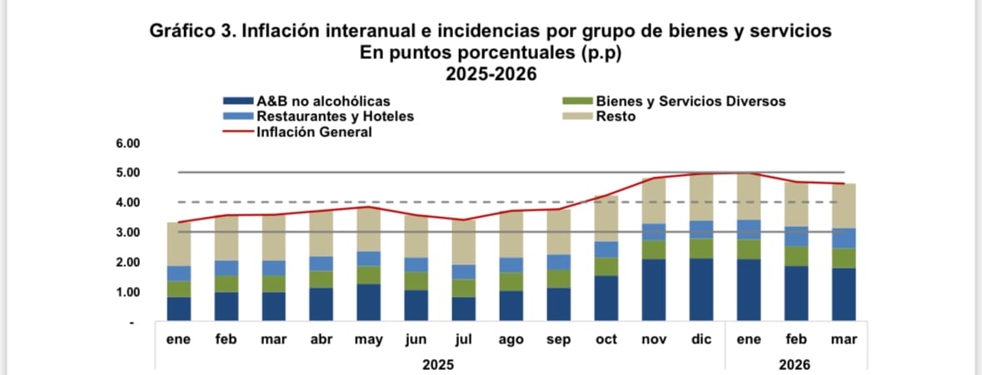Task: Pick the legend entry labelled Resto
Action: [x=616, y=116]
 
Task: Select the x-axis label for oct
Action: [x=606, y=340]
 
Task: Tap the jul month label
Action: [x=463, y=340]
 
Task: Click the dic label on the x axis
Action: [x=701, y=340]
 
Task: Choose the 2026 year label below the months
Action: [x=795, y=364]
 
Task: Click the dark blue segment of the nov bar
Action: [x=654, y=290]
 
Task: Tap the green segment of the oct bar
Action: [x=606, y=266]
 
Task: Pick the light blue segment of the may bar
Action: [x=368, y=258]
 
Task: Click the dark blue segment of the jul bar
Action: [x=463, y=309]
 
